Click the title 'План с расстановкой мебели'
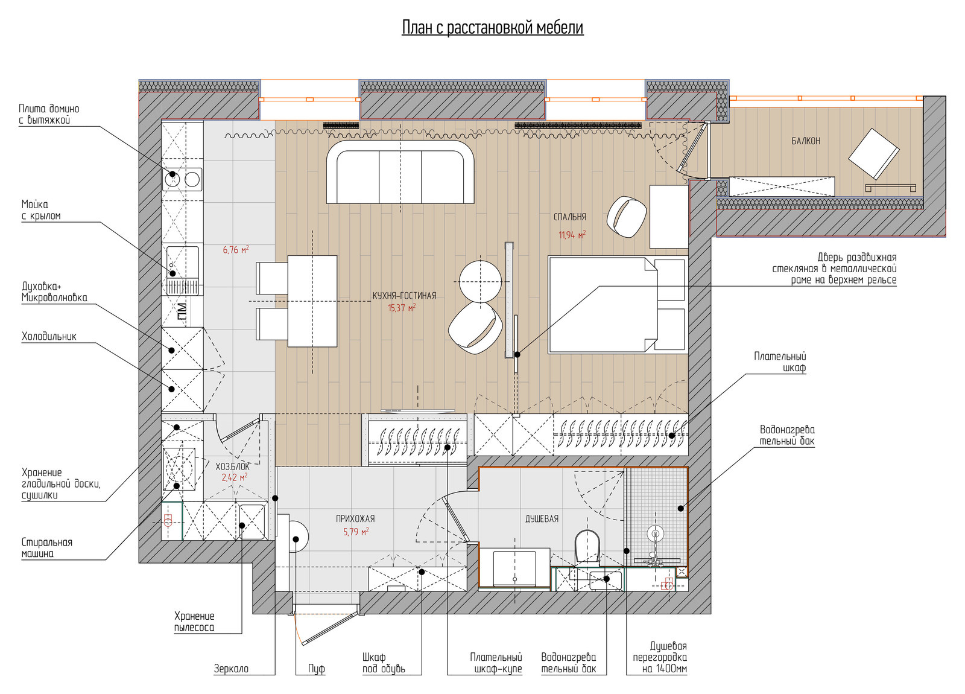(492, 27)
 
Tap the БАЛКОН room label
(806, 141)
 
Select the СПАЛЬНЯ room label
(570, 217)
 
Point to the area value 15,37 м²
(402, 308)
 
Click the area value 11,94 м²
(572, 235)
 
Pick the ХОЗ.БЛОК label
(233, 466)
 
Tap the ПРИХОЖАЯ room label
(355, 518)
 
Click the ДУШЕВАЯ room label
(542, 518)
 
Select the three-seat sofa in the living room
(400, 171)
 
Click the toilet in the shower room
(587, 546)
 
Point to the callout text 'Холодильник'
(49, 336)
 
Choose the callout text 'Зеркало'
(232, 669)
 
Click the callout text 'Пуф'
(317, 669)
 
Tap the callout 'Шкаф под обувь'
(384, 663)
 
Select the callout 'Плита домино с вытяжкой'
(49, 114)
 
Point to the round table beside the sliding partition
(480, 281)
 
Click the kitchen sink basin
(183, 262)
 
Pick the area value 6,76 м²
(236, 249)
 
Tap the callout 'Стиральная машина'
(47, 548)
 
